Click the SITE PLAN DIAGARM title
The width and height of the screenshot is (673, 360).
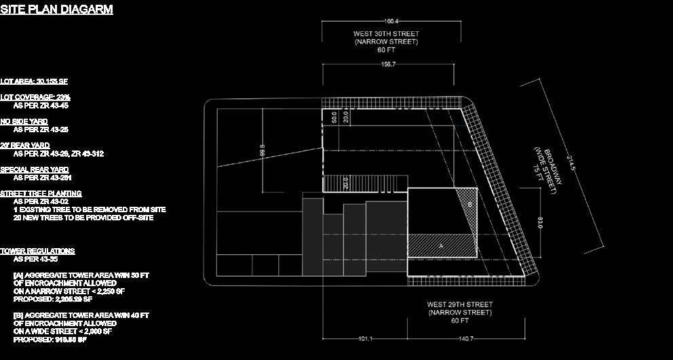56,9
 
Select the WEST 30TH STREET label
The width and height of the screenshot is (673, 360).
386,34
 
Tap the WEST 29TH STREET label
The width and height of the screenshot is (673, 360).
460,304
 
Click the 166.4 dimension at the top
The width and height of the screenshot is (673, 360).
391,22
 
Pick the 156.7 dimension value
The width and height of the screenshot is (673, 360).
389,64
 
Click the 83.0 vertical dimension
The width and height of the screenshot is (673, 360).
540,222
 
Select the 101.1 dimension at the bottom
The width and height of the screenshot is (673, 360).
364,338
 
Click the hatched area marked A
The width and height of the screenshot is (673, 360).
441,245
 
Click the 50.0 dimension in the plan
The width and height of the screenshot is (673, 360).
334,117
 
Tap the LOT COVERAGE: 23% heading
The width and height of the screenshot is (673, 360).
35,98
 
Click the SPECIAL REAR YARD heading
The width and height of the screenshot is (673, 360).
35,169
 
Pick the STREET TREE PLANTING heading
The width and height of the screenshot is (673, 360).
41,194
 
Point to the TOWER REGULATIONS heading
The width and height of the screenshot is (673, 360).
37,252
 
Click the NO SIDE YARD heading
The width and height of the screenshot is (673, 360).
24,121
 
